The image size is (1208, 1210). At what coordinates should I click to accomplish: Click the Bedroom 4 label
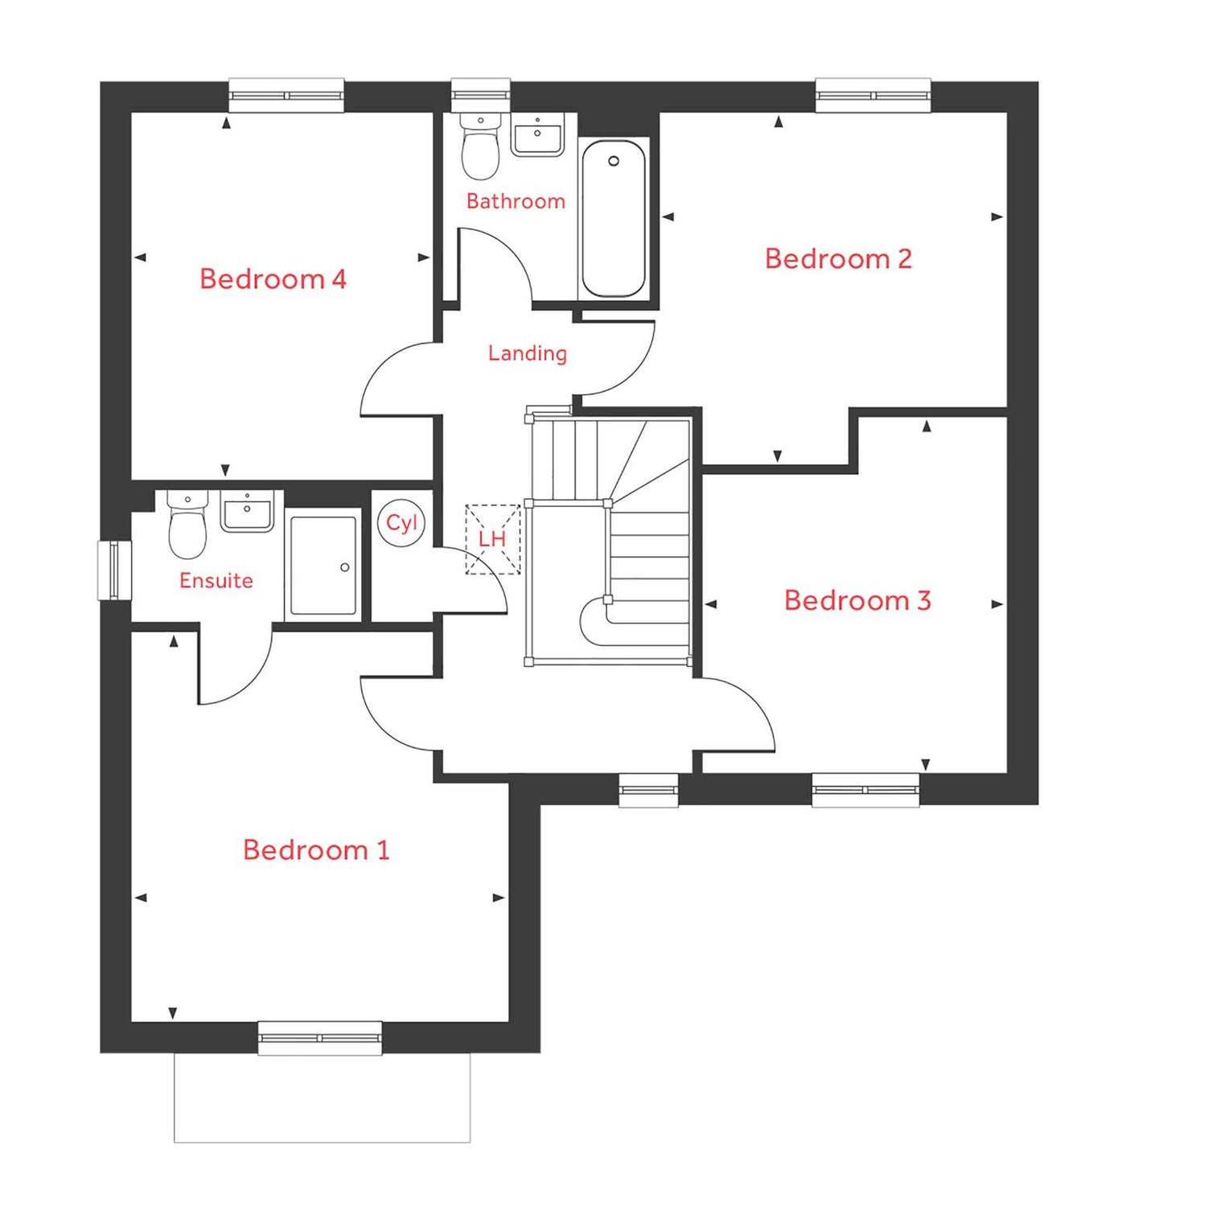[273, 279]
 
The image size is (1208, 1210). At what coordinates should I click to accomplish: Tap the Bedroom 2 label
[838, 259]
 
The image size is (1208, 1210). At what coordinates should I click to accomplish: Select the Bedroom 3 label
[857, 601]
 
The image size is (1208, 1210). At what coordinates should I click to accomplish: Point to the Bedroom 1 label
[316, 850]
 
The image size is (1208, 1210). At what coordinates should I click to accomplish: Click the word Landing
[528, 353]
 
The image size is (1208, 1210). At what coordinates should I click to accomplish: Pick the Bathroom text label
[516, 201]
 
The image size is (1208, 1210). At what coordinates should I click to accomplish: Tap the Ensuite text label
[216, 581]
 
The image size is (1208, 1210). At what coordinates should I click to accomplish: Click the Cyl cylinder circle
[401, 523]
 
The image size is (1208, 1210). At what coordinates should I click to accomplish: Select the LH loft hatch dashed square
[492, 539]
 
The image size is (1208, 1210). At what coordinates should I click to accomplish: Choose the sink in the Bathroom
[537, 135]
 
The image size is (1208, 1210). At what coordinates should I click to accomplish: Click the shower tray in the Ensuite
[323, 566]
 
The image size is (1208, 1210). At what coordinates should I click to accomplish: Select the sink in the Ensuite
[247, 512]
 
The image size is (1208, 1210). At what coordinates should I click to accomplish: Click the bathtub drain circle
[614, 162]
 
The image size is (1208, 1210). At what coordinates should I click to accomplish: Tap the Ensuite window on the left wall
[114, 570]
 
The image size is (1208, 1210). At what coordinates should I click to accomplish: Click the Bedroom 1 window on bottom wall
[320, 1038]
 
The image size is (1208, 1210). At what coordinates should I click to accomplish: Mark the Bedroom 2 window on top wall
[873, 96]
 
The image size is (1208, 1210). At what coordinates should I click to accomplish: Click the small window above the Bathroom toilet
[480, 96]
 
